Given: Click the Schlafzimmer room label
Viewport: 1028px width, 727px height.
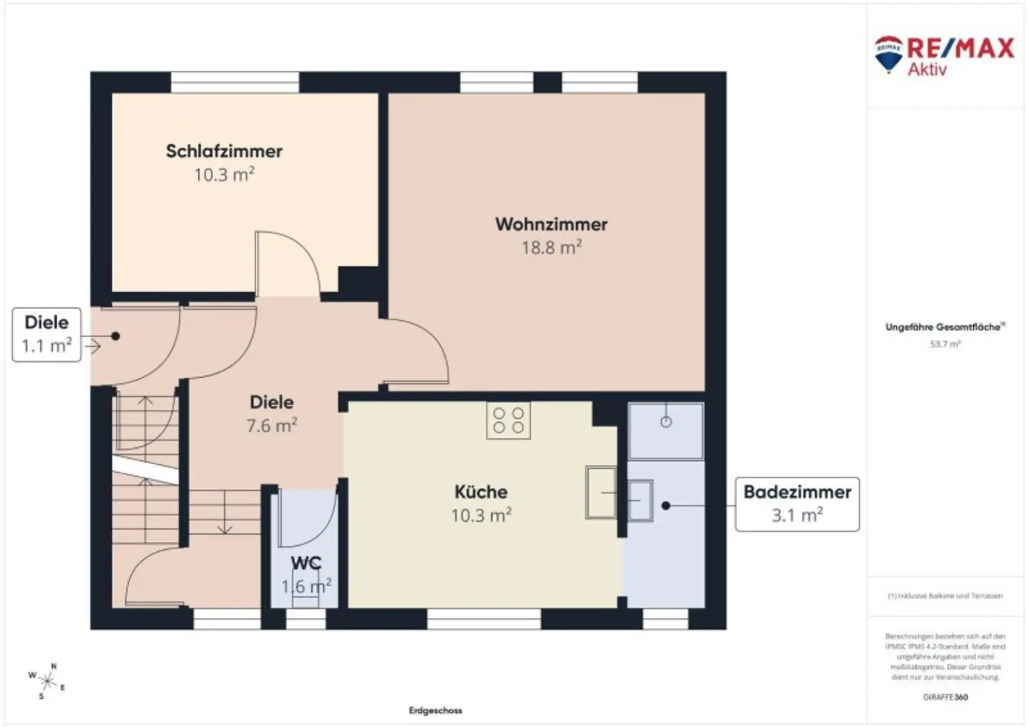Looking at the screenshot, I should [224, 151].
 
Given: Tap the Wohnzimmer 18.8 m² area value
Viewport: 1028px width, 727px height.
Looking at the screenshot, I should [551, 248].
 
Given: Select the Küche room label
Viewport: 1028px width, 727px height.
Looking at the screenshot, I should [481, 492].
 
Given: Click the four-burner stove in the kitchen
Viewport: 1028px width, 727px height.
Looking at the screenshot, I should [509, 421].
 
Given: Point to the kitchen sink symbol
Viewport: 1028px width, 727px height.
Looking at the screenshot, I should [600, 492].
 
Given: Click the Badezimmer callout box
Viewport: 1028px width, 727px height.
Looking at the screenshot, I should [797, 504].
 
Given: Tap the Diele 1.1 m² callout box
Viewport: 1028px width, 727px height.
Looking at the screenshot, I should [47, 334].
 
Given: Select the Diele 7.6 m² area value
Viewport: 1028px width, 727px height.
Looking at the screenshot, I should [272, 426].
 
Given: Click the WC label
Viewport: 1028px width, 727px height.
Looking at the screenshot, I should [306, 563].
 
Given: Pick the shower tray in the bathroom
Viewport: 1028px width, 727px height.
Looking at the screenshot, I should [666, 431].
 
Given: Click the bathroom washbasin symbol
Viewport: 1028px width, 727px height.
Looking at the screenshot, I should [640, 500].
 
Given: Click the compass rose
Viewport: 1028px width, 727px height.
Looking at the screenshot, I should [48, 682].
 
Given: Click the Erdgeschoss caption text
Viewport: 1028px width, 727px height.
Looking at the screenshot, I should [436, 710].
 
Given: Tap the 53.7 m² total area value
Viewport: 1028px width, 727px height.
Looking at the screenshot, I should [945, 344].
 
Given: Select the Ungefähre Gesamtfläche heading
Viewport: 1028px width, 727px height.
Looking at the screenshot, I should [944, 327].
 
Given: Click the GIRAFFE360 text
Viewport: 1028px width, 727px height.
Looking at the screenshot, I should [945, 697].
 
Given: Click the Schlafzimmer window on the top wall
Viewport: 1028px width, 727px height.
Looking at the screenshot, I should [235, 82].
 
